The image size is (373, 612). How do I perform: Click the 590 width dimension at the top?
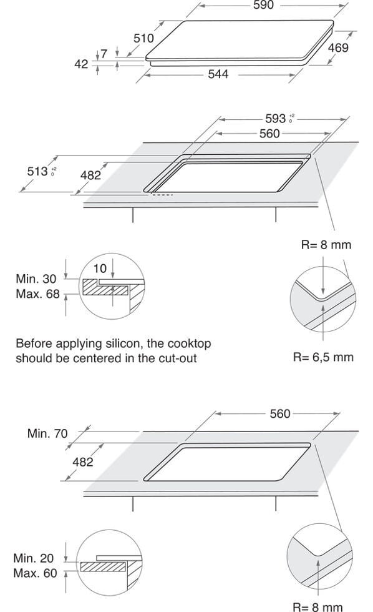[x=263, y=5]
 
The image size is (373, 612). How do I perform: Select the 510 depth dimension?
[x=144, y=38]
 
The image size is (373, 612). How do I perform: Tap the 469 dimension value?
[x=338, y=47]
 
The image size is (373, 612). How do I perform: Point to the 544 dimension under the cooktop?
[x=218, y=74]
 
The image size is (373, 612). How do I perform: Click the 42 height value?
[x=82, y=64]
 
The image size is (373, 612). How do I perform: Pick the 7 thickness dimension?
[x=104, y=54]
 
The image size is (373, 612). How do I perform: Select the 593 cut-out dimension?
[x=276, y=118]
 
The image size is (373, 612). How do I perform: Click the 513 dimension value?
[x=37, y=171]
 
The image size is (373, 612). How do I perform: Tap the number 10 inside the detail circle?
[x=100, y=269]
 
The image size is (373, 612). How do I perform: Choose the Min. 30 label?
[x=36, y=279]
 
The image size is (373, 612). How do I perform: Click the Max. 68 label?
[x=37, y=294]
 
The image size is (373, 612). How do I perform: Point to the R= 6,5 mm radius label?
[x=323, y=357]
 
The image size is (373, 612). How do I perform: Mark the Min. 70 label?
[x=47, y=433]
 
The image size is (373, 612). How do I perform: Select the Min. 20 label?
[x=33, y=558]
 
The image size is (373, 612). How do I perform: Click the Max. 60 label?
[x=35, y=573]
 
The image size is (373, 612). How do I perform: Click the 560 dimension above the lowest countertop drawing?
[x=280, y=413]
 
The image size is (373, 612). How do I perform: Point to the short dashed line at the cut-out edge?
[x=162, y=194]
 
